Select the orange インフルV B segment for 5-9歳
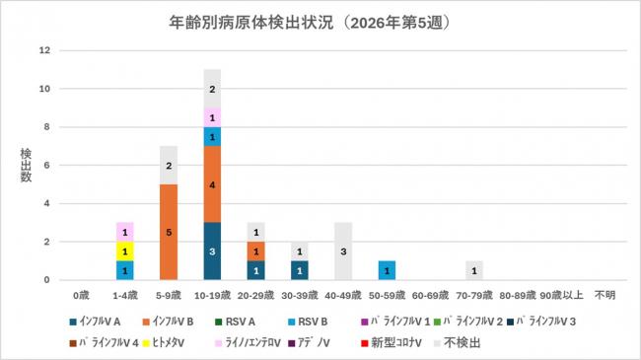[x=168, y=232]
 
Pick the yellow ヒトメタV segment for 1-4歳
[x=125, y=251]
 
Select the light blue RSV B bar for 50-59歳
[x=387, y=270]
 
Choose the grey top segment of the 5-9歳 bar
[x=168, y=165]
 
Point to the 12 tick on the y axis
[x=43, y=50]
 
